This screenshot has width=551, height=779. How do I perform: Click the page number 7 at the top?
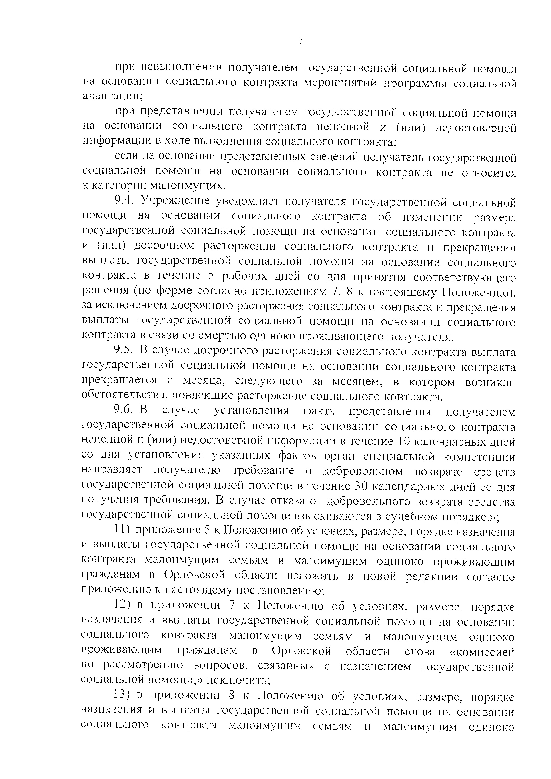[x=300, y=42]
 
